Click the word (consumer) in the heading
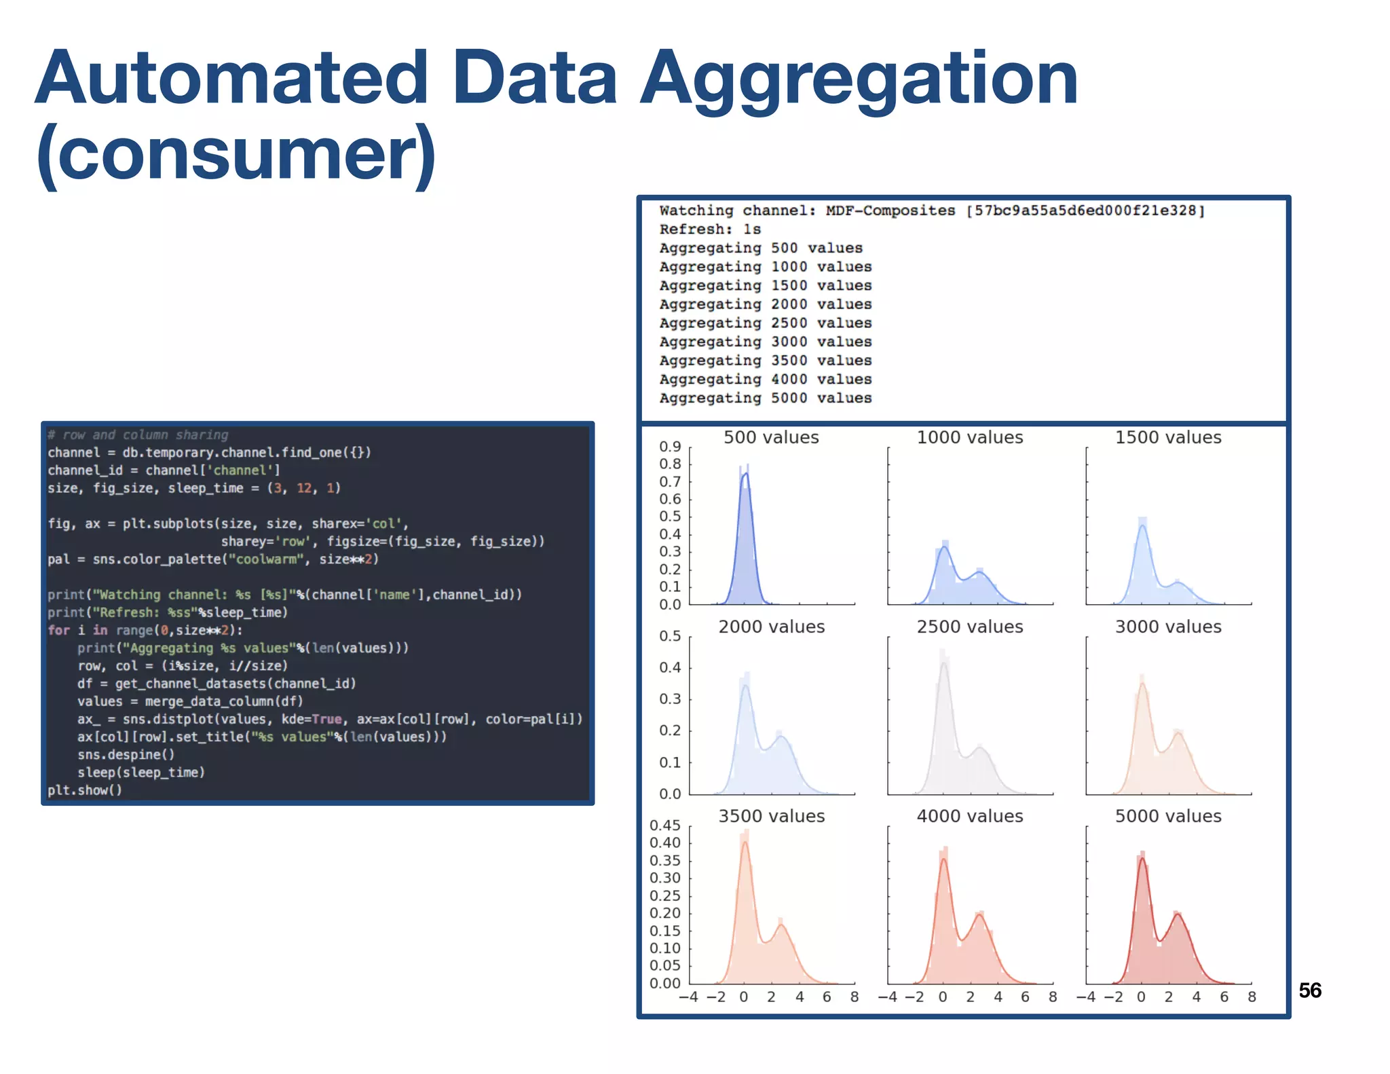pos(236,154)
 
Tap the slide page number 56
pos(1309,990)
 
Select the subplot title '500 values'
pos(771,438)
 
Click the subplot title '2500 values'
pos(969,627)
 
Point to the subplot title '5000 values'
pos(1167,817)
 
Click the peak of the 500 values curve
pos(745,474)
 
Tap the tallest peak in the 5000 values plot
pos(1142,859)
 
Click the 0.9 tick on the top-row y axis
pos(670,447)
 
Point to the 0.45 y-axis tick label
pos(664,826)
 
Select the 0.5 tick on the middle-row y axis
pos(670,636)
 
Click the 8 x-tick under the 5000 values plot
pos(1252,997)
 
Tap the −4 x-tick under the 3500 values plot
pos(688,997)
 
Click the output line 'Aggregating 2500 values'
pos(765,323)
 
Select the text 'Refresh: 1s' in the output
pos(709,229)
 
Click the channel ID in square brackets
pos(1085,211)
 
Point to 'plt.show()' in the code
pos(85,790)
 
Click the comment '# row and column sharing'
pos(138,435)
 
